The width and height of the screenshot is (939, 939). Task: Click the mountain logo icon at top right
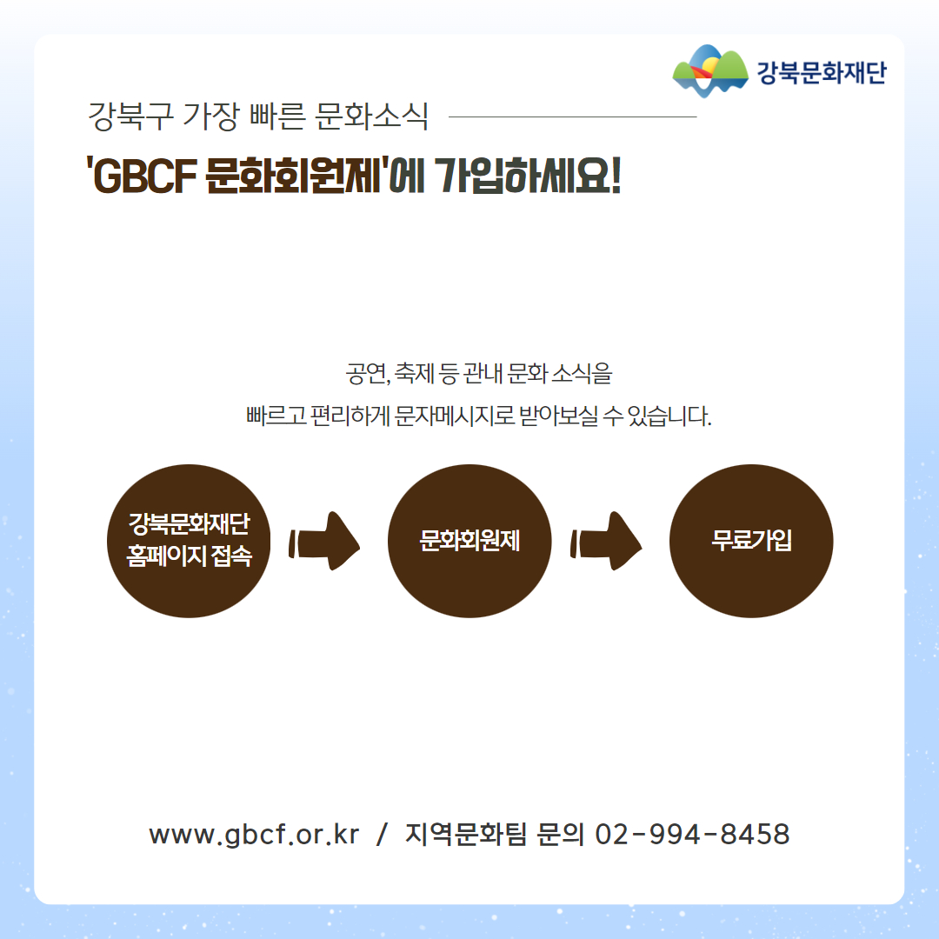710,70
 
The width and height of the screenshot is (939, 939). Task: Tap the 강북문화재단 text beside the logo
821,72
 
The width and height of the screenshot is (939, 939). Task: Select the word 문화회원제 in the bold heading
293,176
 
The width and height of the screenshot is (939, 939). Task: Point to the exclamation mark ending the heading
614,176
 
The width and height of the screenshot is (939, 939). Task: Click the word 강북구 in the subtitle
130,116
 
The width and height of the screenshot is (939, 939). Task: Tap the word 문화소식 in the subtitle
372,116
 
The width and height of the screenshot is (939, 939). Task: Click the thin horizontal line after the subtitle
572,117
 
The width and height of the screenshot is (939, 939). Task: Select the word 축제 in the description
415,373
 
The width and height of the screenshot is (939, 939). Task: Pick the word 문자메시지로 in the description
455,415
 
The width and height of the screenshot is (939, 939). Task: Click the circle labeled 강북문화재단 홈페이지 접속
189,541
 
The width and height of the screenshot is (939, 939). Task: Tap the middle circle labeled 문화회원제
469,541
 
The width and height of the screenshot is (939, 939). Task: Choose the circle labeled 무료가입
751,541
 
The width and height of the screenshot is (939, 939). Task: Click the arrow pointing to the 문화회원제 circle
325,541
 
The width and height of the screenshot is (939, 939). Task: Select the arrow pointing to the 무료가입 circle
606,541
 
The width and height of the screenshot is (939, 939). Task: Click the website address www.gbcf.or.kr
254,834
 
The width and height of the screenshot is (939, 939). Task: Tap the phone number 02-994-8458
692,834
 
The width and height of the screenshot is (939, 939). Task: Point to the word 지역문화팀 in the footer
466,834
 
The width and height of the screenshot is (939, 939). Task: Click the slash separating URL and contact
382,834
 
